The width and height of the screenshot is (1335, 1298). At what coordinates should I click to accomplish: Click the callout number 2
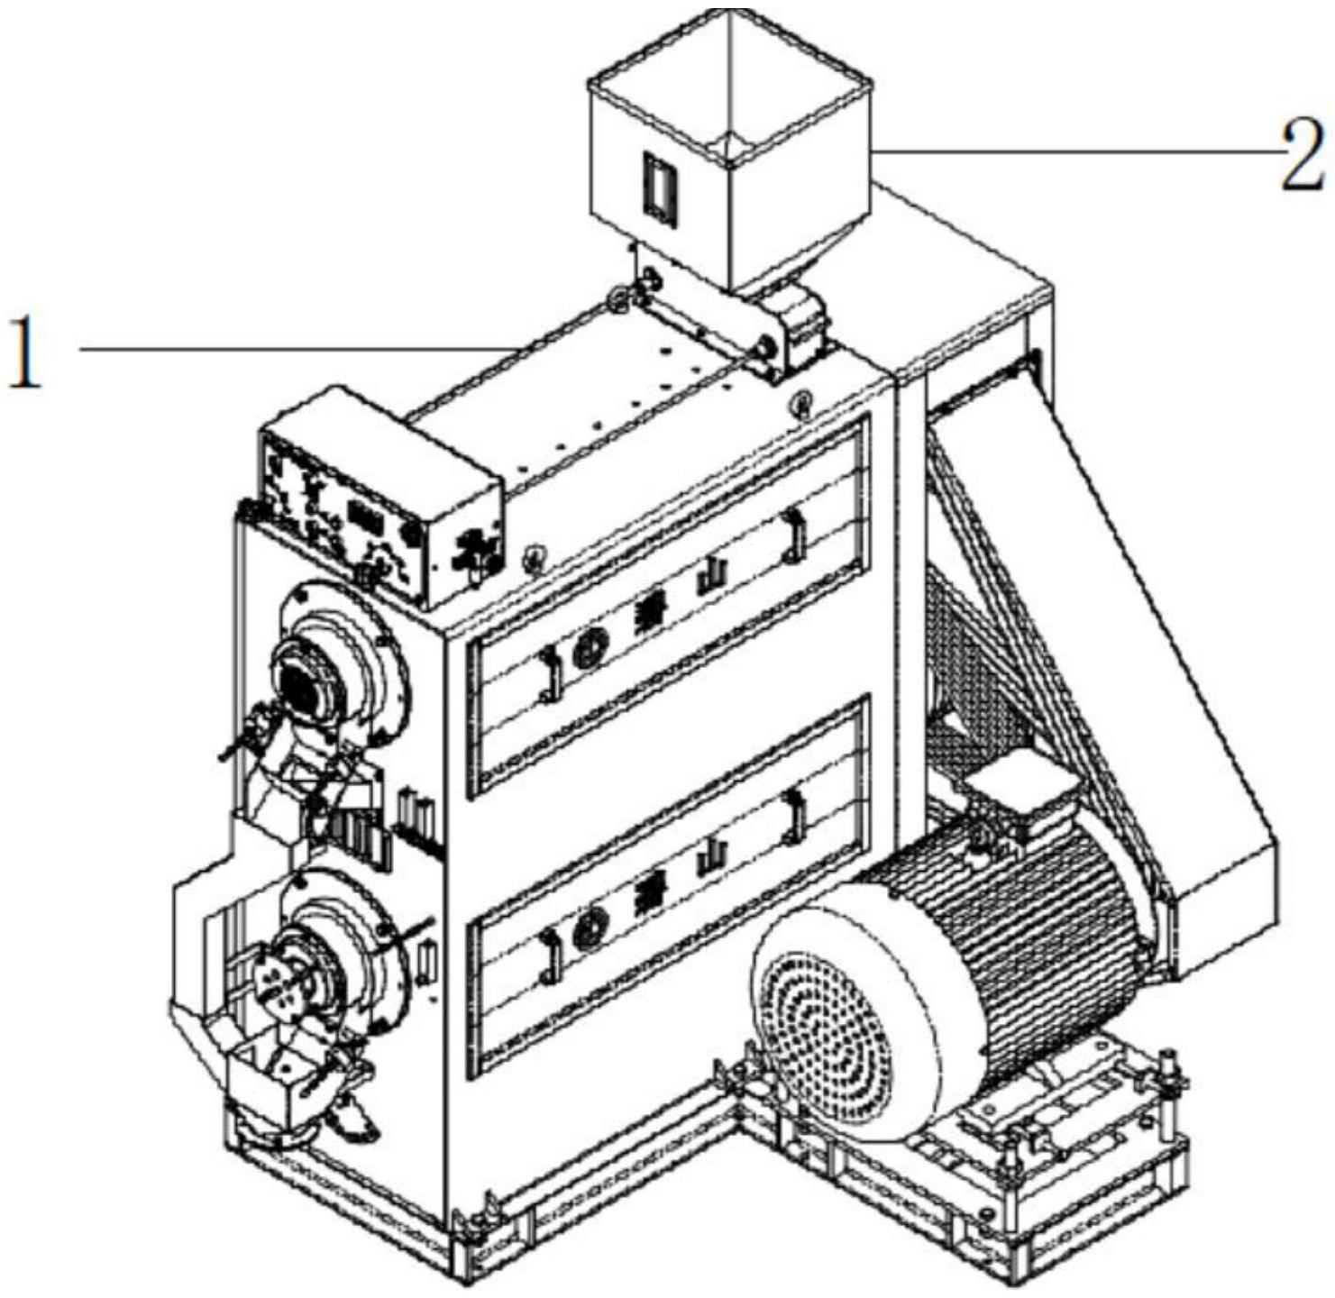pyautogui.click(x=1303, y=155)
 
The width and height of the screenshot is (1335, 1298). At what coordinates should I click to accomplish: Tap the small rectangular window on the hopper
pyautogui.click(x=659, y=187)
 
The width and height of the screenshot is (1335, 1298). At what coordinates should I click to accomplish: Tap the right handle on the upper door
pyautogui.click(x=793, y=534)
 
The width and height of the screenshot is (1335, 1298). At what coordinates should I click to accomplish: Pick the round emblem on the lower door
pyautogui.click(x=592, y=921)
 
